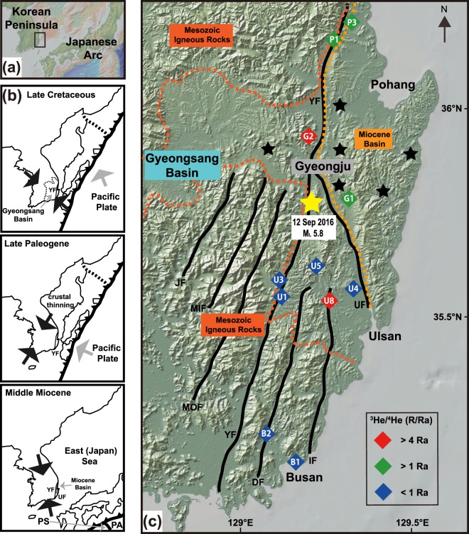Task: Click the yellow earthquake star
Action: point(311,203)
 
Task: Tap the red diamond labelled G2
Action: point(308,136)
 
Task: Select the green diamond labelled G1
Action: point(349,198)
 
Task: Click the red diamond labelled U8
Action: point(329,300)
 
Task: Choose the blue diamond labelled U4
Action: point(352,288)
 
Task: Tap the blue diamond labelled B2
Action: point(266,433)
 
